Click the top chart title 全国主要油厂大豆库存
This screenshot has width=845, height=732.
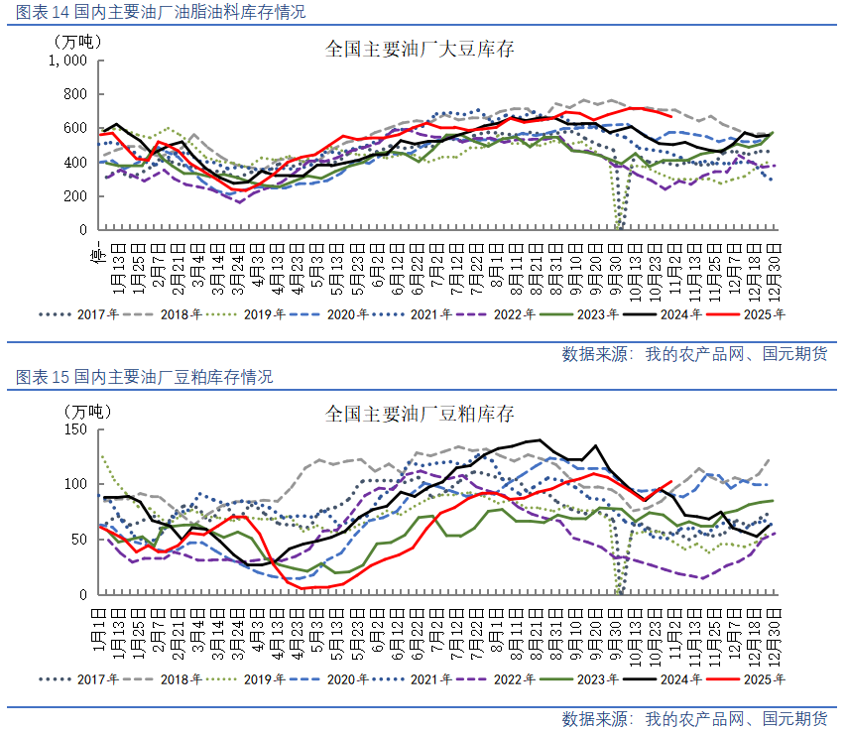[420, 49]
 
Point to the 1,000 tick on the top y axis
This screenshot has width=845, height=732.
[68, 61]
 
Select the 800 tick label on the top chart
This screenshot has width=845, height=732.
[75, 94]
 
